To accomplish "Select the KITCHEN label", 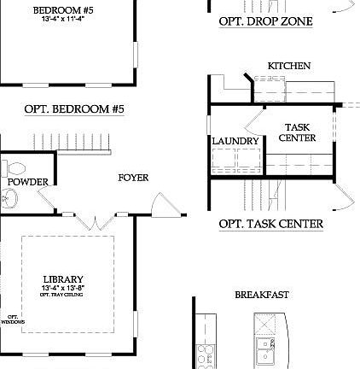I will (289, 66).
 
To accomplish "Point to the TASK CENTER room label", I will (297, 132).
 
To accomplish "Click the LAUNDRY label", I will (235, 141).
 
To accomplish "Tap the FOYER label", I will (133, 178).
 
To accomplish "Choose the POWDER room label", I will (27, 182).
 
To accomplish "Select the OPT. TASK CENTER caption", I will (270, 224).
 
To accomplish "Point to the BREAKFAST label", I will (262, 295).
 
